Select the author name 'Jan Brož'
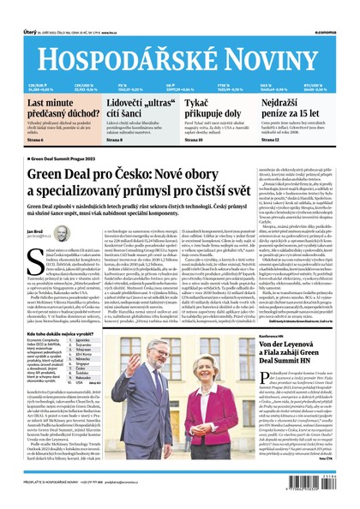36,231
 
